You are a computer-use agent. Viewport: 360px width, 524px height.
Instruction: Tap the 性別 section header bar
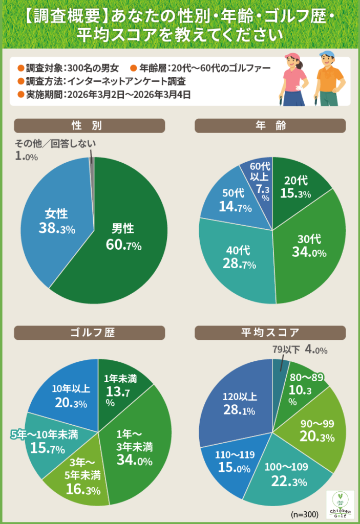coord(90,126)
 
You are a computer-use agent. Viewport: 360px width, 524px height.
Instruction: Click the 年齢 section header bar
coord(270,126)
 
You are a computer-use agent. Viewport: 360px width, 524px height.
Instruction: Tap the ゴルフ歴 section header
coord(90,333)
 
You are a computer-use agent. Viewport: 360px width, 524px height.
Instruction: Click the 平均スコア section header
coord(270,333)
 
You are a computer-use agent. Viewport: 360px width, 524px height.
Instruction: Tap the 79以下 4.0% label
coord(299,350)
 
